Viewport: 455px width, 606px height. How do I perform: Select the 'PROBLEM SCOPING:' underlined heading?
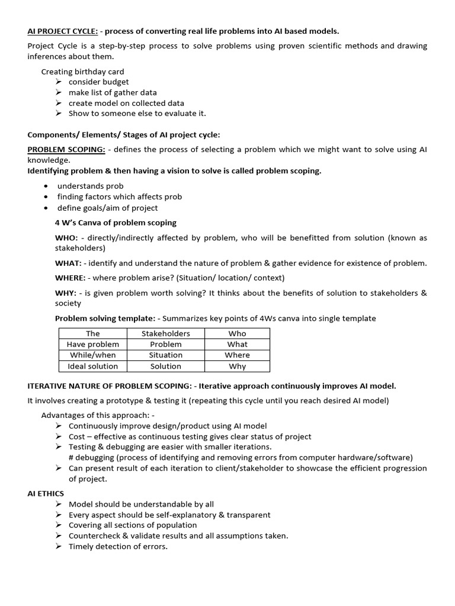click(66, 150)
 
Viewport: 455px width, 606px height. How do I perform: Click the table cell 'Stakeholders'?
click(166, 333)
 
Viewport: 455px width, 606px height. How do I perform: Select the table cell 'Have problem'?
click(93, 344)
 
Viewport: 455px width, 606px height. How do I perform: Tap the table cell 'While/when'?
click(93, 355)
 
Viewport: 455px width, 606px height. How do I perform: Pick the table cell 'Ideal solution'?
click(93, 366)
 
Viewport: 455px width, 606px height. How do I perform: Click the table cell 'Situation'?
click(166, 355)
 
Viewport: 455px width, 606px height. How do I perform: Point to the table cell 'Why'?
click(237, 366)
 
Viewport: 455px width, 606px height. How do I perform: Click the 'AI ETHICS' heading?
click(46, 493)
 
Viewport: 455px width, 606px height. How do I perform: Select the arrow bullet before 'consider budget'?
click(59, 82)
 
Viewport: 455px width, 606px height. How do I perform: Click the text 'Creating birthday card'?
click(82, 72)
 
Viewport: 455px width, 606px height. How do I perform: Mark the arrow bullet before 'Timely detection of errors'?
click(59, 547)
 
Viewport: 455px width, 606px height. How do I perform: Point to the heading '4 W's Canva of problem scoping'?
click(116, 223)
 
